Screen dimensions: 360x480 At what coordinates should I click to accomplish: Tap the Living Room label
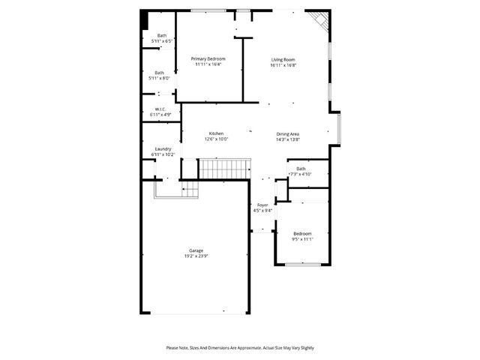tap(283, 59)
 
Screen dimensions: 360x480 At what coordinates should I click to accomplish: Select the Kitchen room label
tap(216, 133)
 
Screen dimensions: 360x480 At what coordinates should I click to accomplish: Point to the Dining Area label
tap(288, 133)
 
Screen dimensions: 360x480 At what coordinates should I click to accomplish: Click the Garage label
tap(196, 250)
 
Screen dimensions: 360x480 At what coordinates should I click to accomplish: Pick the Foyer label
tap(262, 205)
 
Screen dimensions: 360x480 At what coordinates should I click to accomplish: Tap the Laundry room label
tap(163, 148)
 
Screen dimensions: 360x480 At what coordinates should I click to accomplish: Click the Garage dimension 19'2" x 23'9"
tap(196, 256)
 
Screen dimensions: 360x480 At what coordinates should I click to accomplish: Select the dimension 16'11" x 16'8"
tap(283, 65)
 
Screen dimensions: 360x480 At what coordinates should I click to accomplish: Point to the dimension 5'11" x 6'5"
tap(162, 40)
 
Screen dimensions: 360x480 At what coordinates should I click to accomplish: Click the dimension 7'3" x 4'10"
tap(300, 174)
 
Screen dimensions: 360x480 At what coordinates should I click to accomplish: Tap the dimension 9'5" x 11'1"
tap(302, 239)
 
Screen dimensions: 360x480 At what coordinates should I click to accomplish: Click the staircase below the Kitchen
tap(223, 169)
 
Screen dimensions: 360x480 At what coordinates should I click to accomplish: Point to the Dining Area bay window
tap(339, 127)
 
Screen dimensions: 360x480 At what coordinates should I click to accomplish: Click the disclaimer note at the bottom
tap(240, 348)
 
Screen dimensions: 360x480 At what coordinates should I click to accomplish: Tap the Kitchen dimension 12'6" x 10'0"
tap(216, 139)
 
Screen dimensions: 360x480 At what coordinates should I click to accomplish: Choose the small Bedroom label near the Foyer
tap(302, 233)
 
